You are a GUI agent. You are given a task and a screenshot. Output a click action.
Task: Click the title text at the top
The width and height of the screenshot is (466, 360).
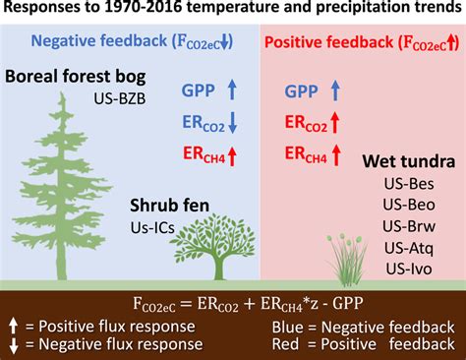[x=233, y=12]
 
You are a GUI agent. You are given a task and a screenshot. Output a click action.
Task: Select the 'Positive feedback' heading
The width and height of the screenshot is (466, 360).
[x=361, y=42]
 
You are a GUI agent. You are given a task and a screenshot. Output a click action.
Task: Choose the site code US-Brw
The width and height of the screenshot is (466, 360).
[x=405, y=224]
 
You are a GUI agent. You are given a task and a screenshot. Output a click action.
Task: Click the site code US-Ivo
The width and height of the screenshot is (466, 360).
[x=405, y=267]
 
